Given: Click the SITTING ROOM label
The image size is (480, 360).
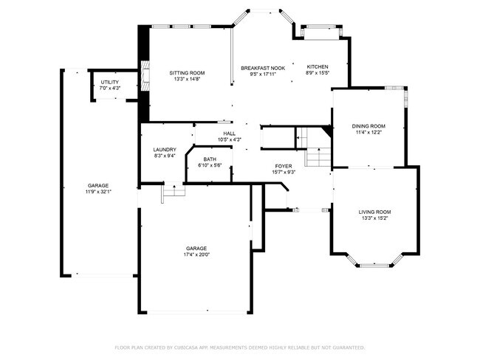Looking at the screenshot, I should pyautogui.click(x=187, y=73).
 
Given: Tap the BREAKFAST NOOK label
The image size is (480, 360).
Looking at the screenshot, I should pyautogui.click(x=263, y=67).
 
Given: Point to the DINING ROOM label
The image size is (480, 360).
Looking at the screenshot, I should pyautogui.click(x=368, y=126).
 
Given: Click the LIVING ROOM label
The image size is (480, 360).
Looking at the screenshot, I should pyautogui.click(x=375, y=212).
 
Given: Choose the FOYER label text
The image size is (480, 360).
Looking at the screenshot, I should pyautogui.click(x=284, y=166).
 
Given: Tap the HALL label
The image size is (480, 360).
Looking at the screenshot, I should pyautogui.click(x=230, y=134).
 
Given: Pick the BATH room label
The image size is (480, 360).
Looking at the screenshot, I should pyautogui.click(x=210, y=159).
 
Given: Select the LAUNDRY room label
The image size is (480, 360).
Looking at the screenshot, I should pyautogui.click(x=165, y=150).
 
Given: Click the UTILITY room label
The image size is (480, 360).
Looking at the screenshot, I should pyautogui.click(x=110, y=82).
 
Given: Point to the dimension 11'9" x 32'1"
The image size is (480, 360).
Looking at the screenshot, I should pyautogui.click(x=98, y=191).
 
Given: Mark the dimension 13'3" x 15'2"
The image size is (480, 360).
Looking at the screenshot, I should pyautogui.click(x=375, y=218).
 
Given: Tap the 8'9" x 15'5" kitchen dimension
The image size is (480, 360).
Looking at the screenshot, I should pyautogui.click(x=317, y=73).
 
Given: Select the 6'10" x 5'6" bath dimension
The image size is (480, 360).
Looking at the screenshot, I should pyautogui.click(x=210, y=165).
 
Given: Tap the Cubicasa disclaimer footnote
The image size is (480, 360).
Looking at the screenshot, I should pyautogui.click(x=239, y=347).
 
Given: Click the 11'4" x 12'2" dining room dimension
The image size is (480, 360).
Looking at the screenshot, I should pyautogui.click(x=368, y=133).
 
